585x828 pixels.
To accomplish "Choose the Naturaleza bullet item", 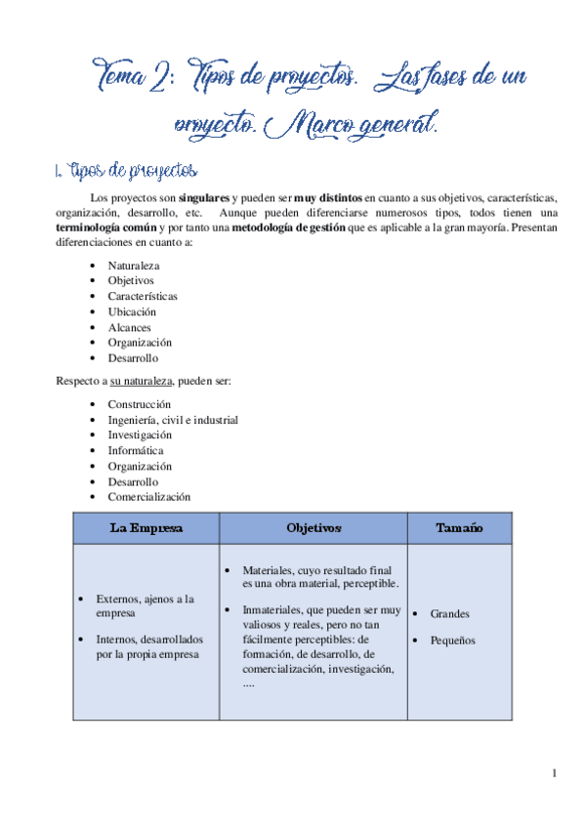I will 134,266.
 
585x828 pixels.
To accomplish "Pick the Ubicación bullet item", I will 132,311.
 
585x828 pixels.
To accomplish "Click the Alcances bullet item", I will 131,327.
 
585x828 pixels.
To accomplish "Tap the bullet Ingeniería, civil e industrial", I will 173,420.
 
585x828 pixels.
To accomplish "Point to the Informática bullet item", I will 136,450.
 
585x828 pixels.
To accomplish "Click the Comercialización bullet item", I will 149,496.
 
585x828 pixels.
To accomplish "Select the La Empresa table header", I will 146,528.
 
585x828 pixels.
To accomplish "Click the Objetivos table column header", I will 313,528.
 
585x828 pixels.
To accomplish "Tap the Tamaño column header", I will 458,528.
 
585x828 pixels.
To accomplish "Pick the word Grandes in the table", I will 449,614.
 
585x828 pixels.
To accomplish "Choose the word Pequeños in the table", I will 452,641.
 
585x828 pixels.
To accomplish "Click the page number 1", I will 554,774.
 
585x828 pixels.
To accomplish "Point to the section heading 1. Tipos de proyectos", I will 128,172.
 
